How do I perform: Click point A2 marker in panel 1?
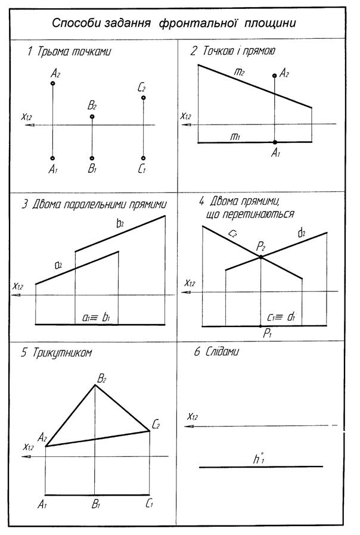coord(53,83)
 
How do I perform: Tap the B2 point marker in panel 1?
coord(92,117)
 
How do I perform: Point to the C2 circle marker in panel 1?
coord(144,98)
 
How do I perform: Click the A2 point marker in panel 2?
coord(274,76)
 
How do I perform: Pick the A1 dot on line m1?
coord(274,142)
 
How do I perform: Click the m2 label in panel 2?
coord(240,72)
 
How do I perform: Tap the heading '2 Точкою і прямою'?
coord(232,51)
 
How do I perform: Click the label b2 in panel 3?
coord(120,223)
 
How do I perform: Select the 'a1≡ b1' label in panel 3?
coord(96,318)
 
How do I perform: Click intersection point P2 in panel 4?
coord(260,257)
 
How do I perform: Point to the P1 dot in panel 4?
coord(260,326)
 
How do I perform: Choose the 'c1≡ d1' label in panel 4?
coord(281,318)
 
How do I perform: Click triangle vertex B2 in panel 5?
coord(95,385)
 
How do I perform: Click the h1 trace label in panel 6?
coord(257,459)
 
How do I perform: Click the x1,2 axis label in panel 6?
coord(192,417)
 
